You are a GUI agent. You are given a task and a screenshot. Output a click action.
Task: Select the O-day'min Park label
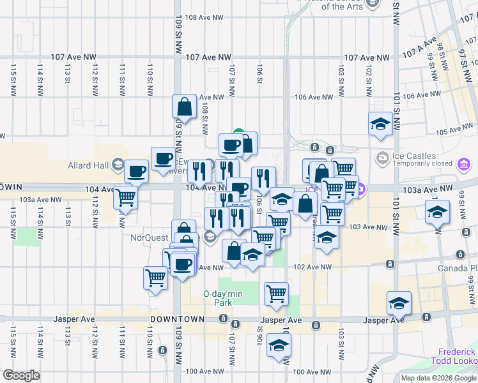[217, 297]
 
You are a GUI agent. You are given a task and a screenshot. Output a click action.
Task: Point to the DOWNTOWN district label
[178, 319]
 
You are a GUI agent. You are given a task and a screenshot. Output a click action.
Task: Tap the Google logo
[21, 375]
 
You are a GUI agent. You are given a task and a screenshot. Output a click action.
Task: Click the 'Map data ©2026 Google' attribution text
[438, 378]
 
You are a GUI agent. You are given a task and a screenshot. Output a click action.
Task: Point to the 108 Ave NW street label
[204, 19]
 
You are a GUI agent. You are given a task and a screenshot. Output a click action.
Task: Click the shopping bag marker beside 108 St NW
[184, 108]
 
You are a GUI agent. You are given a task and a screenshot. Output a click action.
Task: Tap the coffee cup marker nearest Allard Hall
[137, 171]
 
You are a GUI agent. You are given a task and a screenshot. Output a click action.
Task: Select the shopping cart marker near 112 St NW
[126, 197]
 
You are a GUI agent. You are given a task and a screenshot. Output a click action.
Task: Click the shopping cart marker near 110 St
[156, 278]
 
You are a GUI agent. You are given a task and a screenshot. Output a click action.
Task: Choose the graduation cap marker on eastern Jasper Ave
[399, 303]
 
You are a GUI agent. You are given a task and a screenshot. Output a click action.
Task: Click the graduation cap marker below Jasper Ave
[279, 346]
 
